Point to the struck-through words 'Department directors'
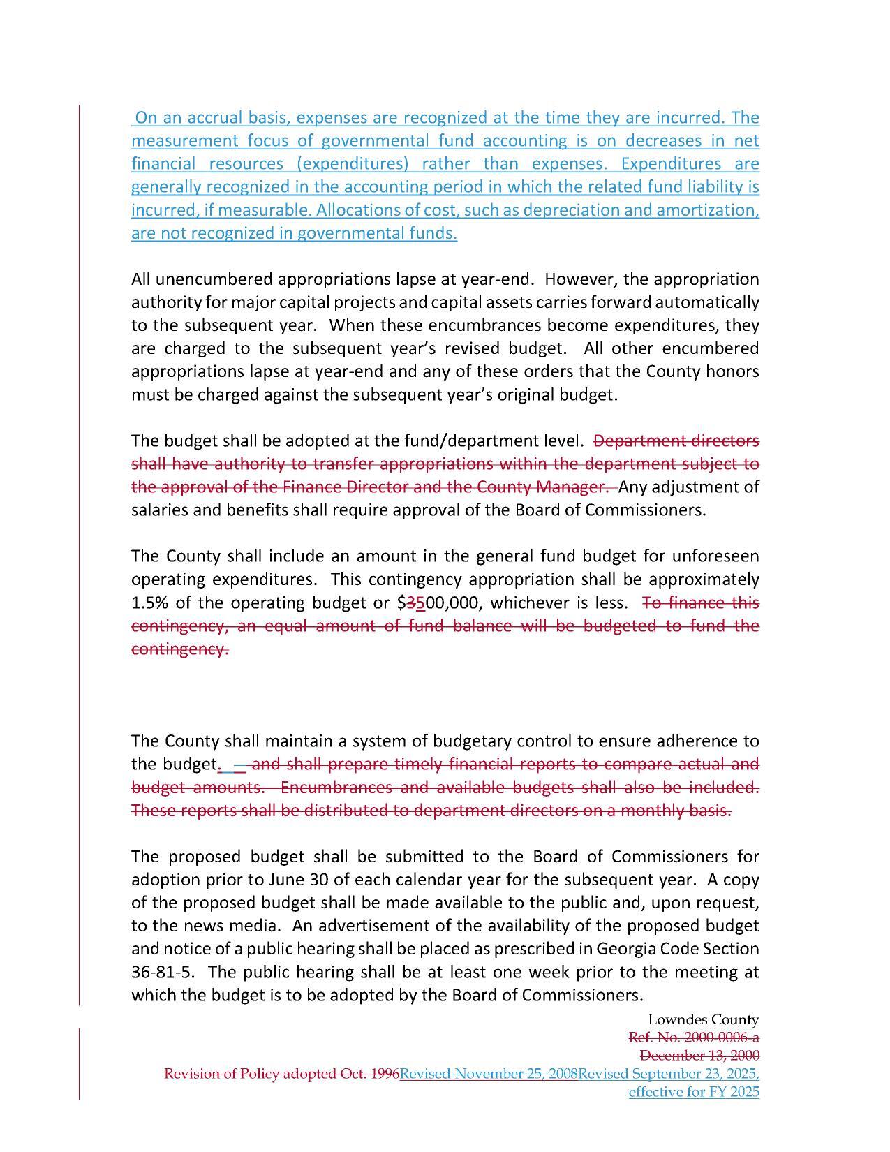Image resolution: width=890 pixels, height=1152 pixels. (x=676, y=441)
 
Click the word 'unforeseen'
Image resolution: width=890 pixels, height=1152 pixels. (x=715, y=556)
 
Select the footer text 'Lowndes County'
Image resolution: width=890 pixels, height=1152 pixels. (x=703, y=1020)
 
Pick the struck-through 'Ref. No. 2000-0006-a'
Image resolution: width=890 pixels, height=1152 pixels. (x=694, y=1037)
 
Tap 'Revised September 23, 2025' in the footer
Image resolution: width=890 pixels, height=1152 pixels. (x=668, y=1073)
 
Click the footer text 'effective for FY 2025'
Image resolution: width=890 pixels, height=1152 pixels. (x=694, y=1092)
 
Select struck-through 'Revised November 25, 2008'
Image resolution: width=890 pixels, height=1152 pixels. (x=489, y=1073)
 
